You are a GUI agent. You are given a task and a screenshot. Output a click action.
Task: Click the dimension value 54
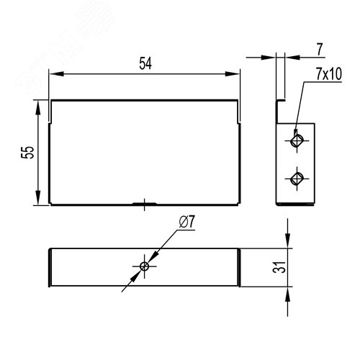pyautogui.click(x=145, y=63)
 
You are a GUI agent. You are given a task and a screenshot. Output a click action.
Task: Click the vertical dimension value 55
pyautogui.click(x=27, y=153)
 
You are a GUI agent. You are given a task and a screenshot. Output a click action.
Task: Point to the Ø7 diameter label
pyautogui.click(x=184, y=223)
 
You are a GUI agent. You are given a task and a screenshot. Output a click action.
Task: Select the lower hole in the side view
pyautogui.click(x=296, y=177)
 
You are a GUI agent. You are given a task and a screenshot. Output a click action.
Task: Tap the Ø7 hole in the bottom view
pyautogui.click(x=145, y=266)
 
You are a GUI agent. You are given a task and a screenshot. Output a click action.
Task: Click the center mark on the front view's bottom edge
pyautogui.click(x=145, y=204)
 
